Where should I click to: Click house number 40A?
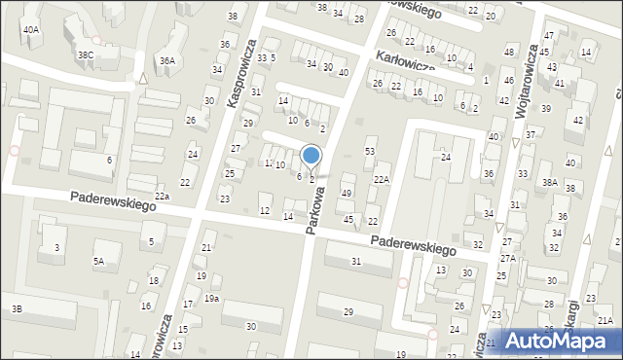click(x=32, y=30)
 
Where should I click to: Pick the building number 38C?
click(x=86, y=55)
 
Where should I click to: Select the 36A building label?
click(x=167, y=61)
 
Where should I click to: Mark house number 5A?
click(x=98, y=261)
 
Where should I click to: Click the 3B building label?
click(x=17, y=309)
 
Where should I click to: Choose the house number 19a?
click(x=211, y=298)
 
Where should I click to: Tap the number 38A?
click(x=550, y=182)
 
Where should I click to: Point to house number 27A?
click(x=508, y=258)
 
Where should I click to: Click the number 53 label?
click(x=370, y=151)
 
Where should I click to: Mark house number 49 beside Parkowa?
click(x=347, y=194)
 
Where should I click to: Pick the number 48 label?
click(x=509, y=51)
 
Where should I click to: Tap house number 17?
click(x=189, y=304)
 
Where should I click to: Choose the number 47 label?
click(x=548, y=36)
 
